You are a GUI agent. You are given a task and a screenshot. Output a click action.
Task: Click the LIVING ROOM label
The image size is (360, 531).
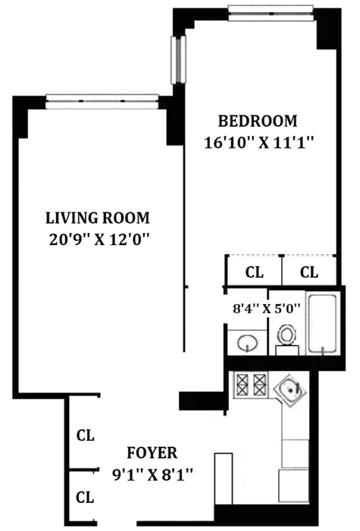tap(96, 218)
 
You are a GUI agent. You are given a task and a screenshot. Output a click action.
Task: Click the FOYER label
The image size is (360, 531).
tap(152, 454)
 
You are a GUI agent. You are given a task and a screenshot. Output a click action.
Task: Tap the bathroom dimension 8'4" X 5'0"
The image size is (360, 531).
tap(266, 309)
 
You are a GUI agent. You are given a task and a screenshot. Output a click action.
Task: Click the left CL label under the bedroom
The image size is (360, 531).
tap(254, 272)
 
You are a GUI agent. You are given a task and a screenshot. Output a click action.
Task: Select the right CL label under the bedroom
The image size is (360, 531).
tap(309, 272)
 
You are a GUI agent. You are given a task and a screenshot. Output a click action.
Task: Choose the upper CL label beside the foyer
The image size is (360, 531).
tap(85, 436)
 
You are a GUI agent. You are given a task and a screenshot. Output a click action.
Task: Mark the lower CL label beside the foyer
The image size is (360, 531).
tap(85, 498)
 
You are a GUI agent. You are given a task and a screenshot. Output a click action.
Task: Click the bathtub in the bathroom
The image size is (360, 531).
tap(324, 322)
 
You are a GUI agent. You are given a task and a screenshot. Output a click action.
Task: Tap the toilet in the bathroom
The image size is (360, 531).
tap(286, 337)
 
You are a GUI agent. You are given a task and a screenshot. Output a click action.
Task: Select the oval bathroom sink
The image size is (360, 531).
tap(248, 344)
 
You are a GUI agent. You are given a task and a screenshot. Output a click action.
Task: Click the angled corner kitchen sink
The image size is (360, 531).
tap(292, 393)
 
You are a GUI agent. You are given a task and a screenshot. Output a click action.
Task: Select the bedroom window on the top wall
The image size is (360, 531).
tap(271, 11)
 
